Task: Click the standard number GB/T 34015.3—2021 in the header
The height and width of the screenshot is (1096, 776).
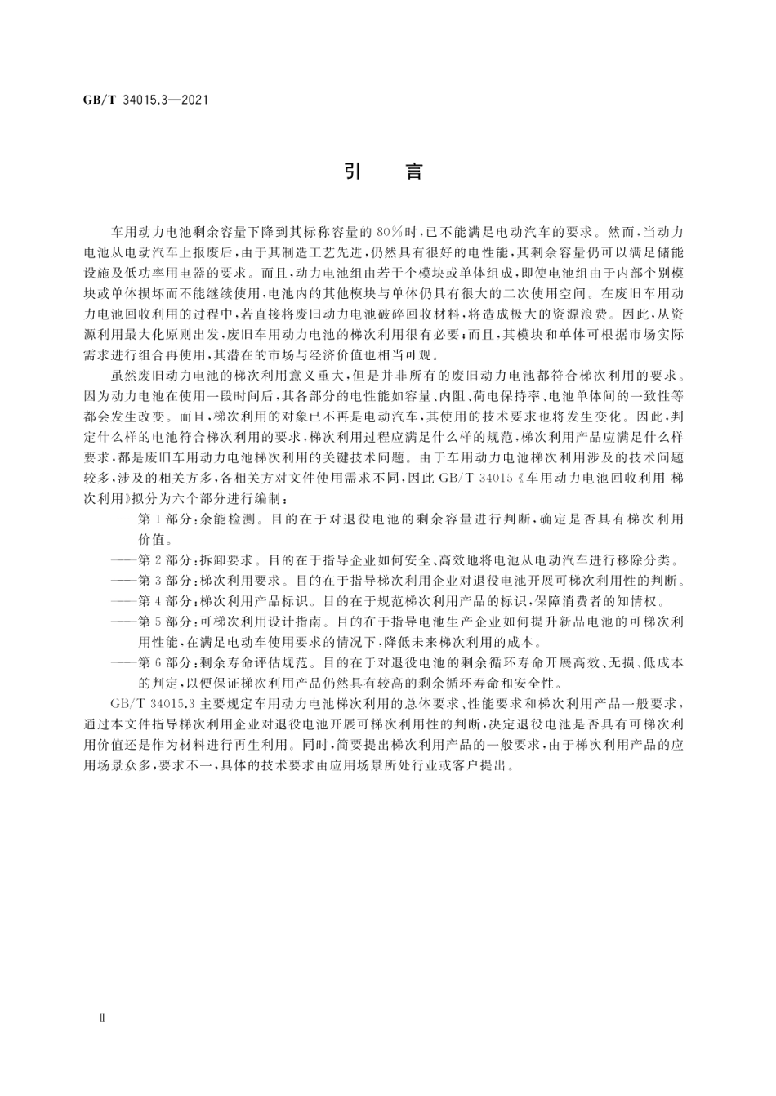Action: click(145, 100)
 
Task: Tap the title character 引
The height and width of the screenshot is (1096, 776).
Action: click(352, 172)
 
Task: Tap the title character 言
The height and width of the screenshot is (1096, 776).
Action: click(415, 172)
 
